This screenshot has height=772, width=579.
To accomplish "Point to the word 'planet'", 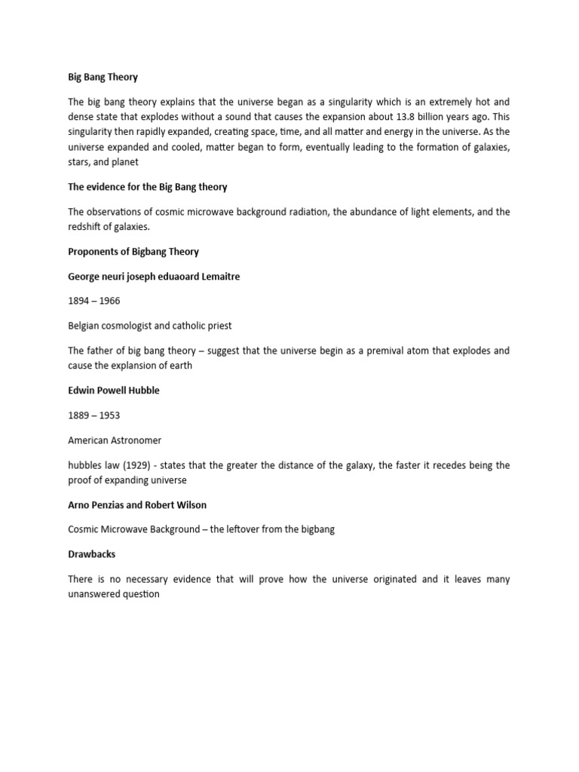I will tap(124, 162).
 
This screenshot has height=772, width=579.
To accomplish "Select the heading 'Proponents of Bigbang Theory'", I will tap(133, 251).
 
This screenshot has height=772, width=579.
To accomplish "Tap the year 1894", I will tap(80, 302).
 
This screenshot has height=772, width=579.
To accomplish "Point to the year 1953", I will tap(108, 415).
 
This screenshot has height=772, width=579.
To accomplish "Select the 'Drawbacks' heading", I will tap(91, 554).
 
